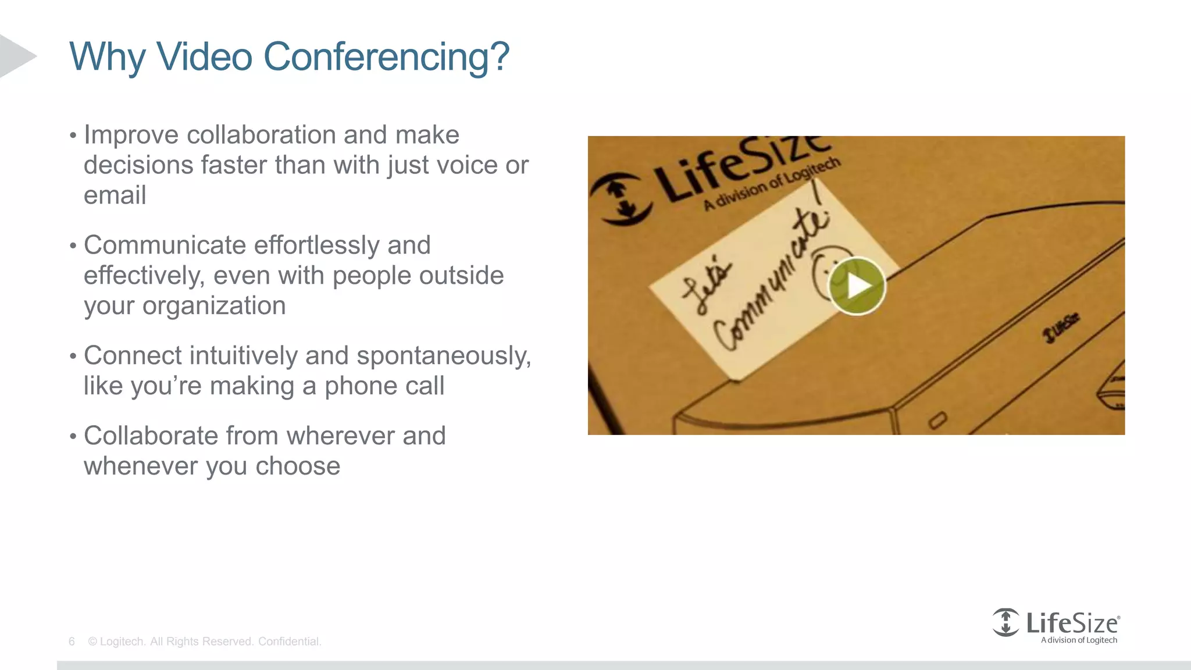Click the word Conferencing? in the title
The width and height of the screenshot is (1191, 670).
(386, 58)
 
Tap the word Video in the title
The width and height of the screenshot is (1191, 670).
(204, 56)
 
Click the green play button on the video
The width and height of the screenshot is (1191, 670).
(857, 286)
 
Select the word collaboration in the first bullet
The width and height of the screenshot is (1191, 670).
(261, 135)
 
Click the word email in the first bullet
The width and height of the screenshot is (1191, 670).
(115, 195)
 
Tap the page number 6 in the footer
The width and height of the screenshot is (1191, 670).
(72, 642)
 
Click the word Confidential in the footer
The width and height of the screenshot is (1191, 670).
(289, 642)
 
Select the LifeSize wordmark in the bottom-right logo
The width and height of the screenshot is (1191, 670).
(1071, 623)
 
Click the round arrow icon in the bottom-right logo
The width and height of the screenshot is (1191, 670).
(1005, 622)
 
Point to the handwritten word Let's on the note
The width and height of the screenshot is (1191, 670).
(705, 287)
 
